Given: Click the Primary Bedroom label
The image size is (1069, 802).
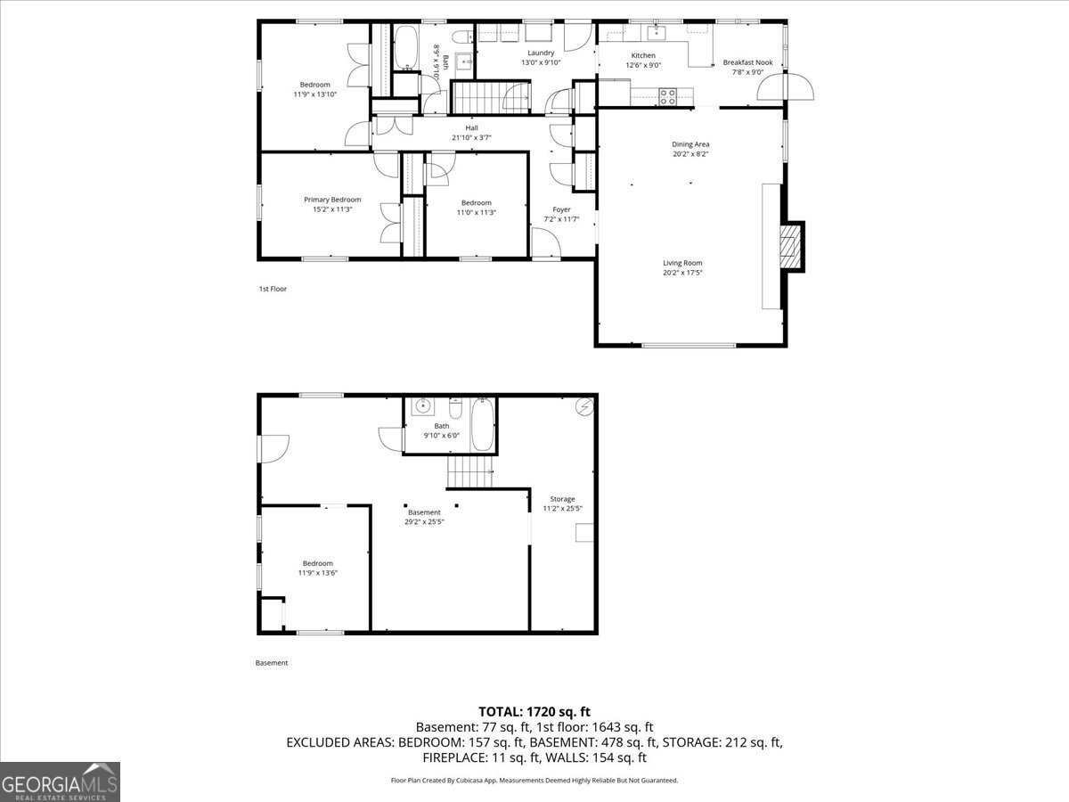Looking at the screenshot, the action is click(332, 200).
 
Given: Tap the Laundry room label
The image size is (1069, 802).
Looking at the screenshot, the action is click(541, 53).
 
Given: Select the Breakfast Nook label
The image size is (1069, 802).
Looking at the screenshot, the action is click(747, 62).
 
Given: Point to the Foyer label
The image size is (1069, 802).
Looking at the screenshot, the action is click(561, 209).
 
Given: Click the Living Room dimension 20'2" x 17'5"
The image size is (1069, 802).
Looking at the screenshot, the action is click(682, 273).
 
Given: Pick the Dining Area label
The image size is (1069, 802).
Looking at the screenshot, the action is click(690, 144).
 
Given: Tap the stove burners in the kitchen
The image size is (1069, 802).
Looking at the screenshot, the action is click(667, 96).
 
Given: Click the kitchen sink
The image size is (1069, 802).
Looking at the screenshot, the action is click(657, 33).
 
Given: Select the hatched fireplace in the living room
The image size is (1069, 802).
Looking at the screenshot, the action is click(789, 246).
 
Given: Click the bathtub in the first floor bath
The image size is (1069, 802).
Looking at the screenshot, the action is click(405, 47).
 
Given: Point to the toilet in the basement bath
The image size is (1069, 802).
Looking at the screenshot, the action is click(455, 408).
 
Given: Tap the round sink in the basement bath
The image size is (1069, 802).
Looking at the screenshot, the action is click(423, 406).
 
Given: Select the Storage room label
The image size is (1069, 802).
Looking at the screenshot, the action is click(562, 499).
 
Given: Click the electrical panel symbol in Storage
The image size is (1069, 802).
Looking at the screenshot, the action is click(585, 406).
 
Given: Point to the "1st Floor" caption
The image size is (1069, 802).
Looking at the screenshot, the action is click(273, 289).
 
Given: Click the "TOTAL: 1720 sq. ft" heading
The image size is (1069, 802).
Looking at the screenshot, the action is click(534, 712).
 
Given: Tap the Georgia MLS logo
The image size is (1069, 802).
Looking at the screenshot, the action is click(60, 782).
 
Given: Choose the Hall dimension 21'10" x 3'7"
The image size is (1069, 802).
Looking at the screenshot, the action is click(471, 138).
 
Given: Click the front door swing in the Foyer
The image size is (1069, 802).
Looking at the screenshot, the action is click(546, 242).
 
